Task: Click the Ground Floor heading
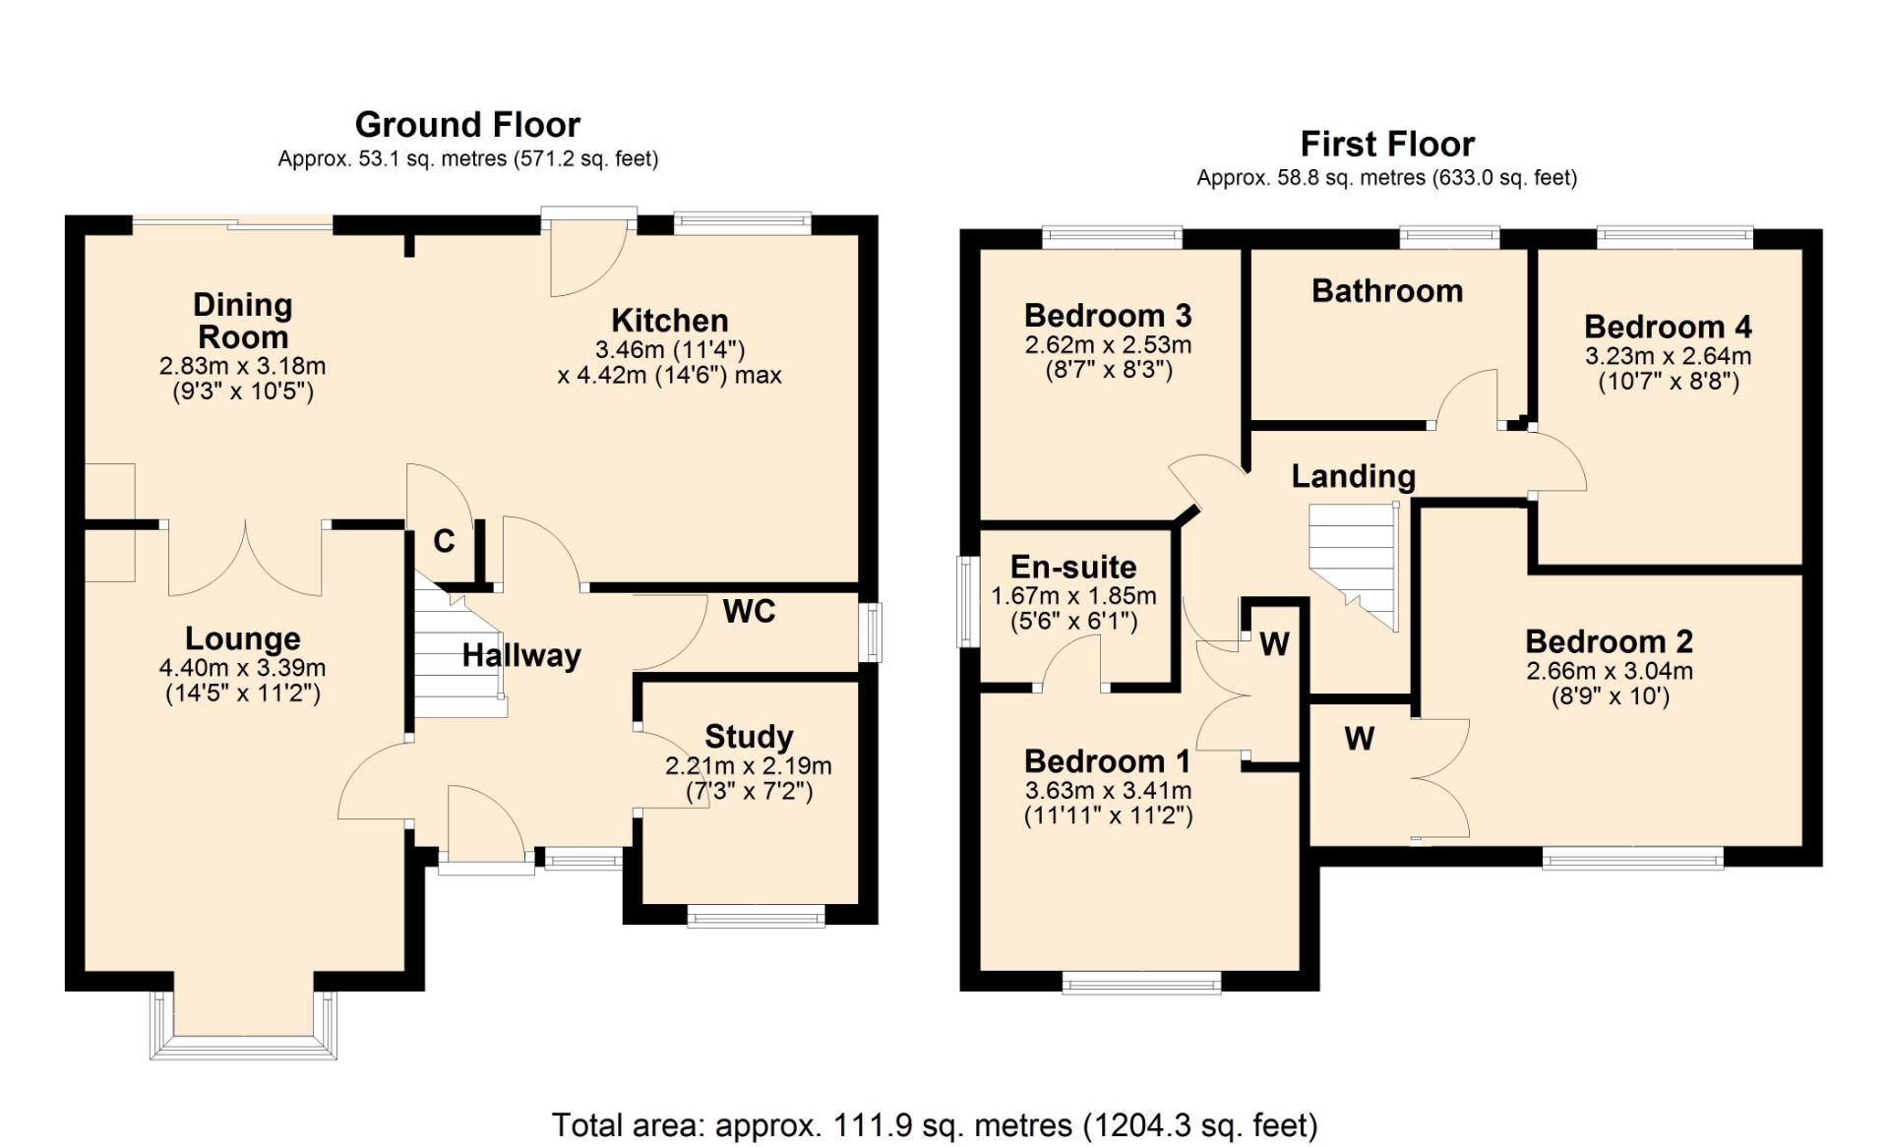(x=467, y=125)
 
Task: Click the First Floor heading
(x=1387, y=145)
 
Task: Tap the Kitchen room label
(x=670, y=321)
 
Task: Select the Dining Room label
(x=243, y=321)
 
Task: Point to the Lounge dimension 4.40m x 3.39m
(x=243, y=668)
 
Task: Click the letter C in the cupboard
(x=445, y=541)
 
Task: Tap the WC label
(x=750, y=612)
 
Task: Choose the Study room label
(x=749, y=736)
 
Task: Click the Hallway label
(x=521, y=655)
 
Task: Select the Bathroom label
(x=1387, y=291)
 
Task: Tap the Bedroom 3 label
(x=1108, y=316)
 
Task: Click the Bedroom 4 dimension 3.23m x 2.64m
(x=1669, y=356)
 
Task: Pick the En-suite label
(x=1073, y=567)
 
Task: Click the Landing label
(x=1354, y=476)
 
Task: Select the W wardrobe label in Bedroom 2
(x=1360, y=739)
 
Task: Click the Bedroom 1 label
(x=1108, y=761)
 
